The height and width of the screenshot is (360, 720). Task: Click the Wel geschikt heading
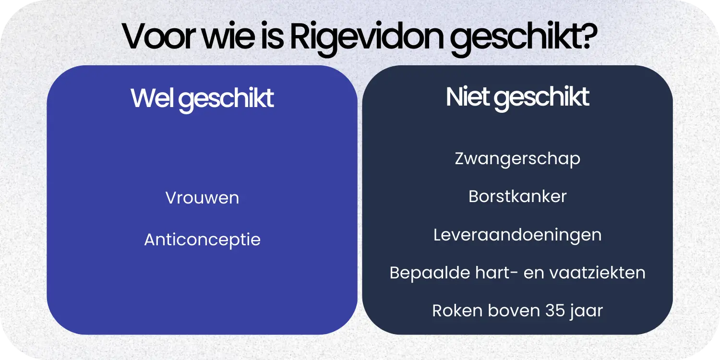pyautogui.click(x=202, y=98)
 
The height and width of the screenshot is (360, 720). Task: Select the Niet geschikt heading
pyautogui.click(x=517, y=97)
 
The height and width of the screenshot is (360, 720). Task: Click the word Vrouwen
pyautogui.click(x=202, y=198)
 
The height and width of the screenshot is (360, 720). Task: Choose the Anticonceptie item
pyautogui.click(x=202, y=240)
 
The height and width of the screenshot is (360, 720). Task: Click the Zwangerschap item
pyautogui.click(x=517, y=159)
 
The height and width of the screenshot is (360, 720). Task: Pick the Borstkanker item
pyautogui.click(x=517, y=196)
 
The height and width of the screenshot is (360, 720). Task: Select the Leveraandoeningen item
pyautogui.click(x=517, y=235)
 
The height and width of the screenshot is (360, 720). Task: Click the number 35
pyautogui.click(x=555, y=311)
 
